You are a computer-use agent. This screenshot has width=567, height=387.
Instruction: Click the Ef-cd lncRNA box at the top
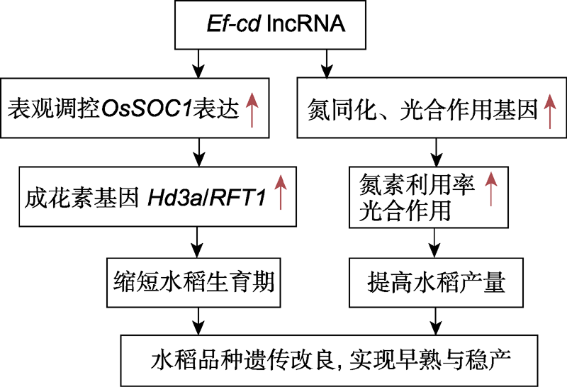270,25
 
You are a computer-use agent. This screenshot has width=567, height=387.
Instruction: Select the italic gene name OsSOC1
146,108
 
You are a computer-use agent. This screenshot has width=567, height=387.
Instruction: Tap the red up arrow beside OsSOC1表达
252,110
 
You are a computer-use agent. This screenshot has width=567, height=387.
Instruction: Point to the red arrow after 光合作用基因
550,111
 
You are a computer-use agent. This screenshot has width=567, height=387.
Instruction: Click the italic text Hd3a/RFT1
207,198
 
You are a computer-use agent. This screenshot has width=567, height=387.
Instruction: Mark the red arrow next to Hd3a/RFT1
281,192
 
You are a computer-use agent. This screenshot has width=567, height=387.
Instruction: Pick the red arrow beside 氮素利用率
490,189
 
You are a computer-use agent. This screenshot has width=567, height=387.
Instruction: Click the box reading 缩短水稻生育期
193,283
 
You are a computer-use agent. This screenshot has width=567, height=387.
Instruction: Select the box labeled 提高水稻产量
436,283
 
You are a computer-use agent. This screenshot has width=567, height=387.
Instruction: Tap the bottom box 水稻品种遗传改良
329,360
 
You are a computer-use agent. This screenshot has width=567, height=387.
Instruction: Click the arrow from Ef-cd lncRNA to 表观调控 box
198,64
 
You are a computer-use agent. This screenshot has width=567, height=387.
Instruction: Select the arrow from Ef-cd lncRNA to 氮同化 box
327,64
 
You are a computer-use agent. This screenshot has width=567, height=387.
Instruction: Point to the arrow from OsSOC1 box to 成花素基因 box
199,152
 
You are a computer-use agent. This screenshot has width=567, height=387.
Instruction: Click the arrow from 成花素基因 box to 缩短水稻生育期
197,242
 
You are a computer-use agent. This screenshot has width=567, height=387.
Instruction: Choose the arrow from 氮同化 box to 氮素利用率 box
437,152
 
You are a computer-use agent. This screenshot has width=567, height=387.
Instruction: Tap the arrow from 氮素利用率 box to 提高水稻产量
434,243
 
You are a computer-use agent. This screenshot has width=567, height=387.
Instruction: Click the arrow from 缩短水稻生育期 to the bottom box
198,321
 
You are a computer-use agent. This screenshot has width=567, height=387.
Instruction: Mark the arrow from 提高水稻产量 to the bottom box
436,321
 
